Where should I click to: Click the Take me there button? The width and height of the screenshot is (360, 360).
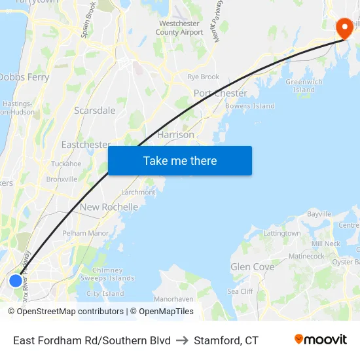coord(180,160)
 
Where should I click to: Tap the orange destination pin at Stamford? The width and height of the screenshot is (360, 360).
coord(344,27)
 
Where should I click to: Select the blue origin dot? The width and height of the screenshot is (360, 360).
coord(16,281)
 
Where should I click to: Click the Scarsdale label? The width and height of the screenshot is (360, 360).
coord(94,111)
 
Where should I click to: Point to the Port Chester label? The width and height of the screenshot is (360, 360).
coord(221,93)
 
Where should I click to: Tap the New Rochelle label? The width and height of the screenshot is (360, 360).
coord(109,207)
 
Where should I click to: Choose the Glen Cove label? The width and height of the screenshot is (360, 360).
coord(252,267)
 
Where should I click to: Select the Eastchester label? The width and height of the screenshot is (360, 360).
coord(86,144)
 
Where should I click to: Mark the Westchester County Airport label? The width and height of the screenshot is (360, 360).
coord(179,28)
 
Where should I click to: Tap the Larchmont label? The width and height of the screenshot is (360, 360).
coord(139,192)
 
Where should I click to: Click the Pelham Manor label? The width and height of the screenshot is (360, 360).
coord(85,233)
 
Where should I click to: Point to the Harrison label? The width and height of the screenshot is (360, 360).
coord(175,134)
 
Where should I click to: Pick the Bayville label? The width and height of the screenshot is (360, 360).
coord(319,214)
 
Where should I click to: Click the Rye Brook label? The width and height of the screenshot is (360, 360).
coord(203,77)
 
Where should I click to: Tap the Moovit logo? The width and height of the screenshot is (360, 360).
coord(320,340)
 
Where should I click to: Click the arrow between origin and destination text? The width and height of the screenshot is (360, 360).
coord(182,340)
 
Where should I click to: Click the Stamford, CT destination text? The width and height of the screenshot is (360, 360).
coord(226,340)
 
